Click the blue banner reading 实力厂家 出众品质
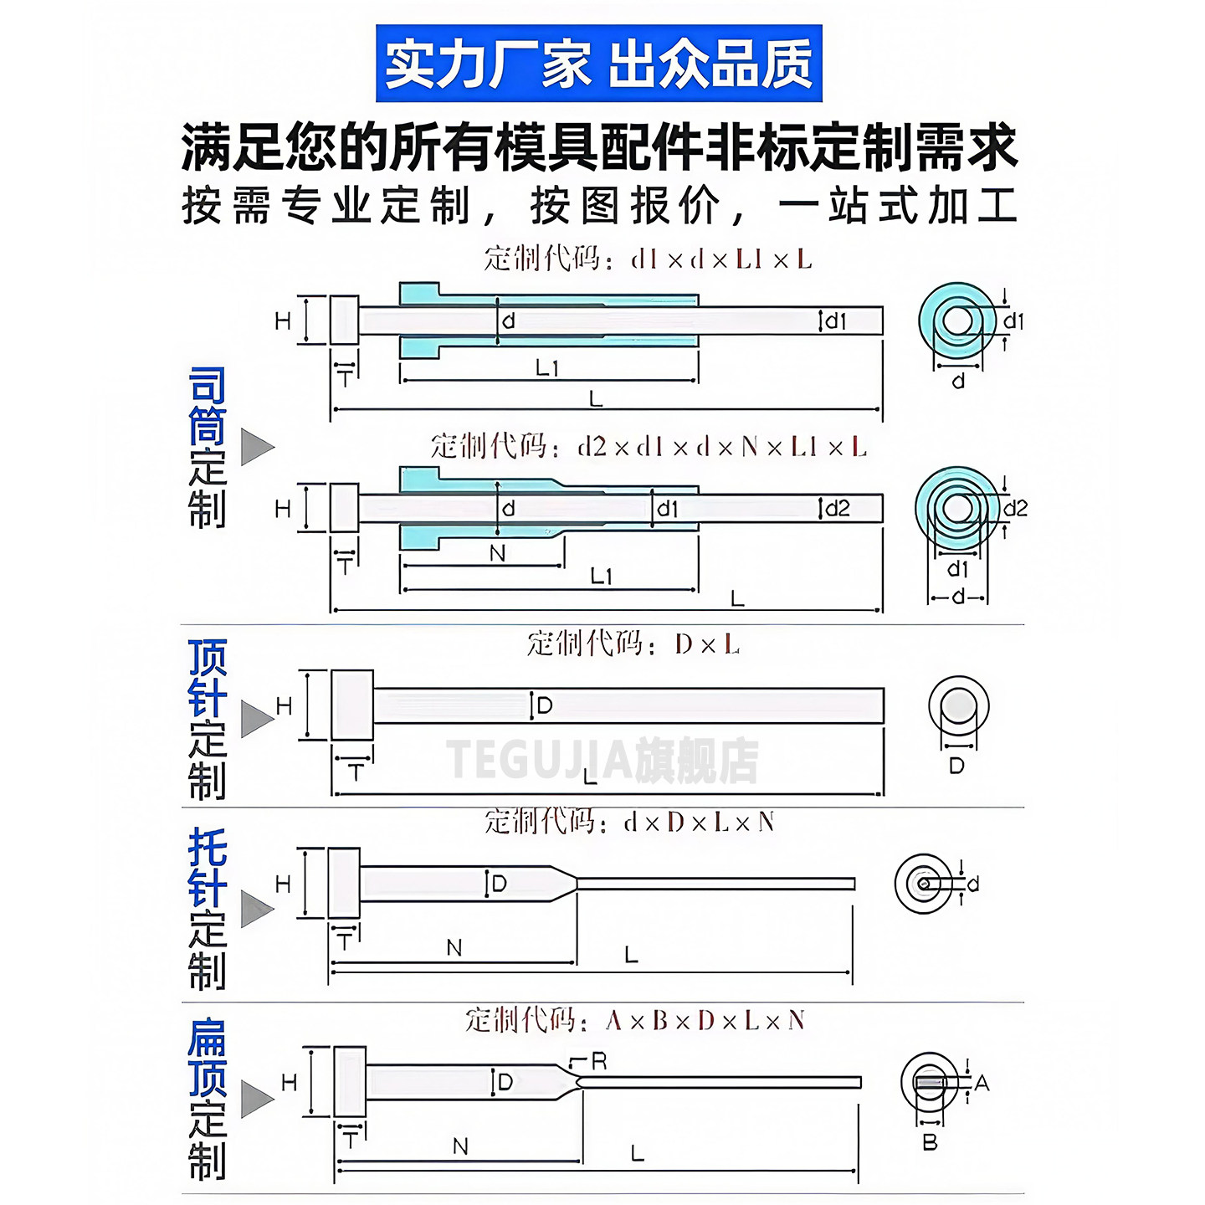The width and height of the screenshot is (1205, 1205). point(598,64)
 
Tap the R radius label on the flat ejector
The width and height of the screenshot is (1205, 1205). point(599,1061)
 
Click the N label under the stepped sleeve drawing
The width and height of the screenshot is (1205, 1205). point(497,553)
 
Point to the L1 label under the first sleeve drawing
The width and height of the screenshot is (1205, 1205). point(547,367)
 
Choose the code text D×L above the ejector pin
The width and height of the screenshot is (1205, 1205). point(707,644)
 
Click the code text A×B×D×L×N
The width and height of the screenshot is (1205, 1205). point(705,1021)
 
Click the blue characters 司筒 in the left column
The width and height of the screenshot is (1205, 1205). point(207,407)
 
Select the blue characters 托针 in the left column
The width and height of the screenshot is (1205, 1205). point(207,868)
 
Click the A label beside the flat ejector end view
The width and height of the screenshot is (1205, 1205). point(982,1084)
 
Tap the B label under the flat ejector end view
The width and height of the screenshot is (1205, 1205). point(930,1142)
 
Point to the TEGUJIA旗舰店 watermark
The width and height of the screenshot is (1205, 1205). point(602,760)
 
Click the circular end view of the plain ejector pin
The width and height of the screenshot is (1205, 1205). point(958,707)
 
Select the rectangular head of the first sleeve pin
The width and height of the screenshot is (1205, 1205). point(344,320)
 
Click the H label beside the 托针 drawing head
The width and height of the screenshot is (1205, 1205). point(283,884)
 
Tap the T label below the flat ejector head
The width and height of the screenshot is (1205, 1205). point(351,1141)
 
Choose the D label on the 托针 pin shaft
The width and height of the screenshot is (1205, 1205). point(499,884)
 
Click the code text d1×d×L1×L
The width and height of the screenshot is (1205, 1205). point(721,259)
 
